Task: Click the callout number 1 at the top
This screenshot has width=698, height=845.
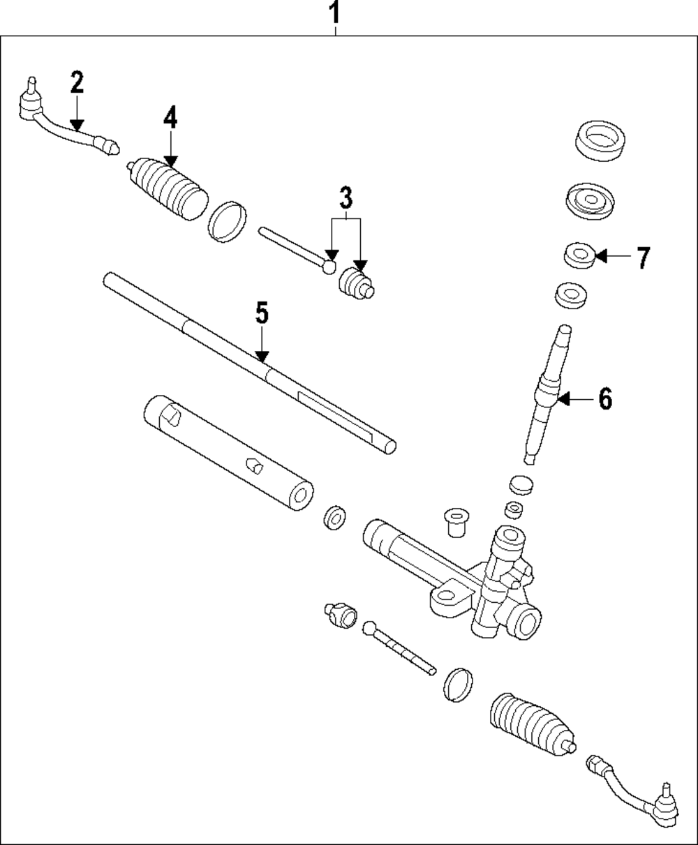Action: [335, 13]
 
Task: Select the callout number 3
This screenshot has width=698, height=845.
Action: [346, 199]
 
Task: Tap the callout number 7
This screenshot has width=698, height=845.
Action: [642, 257]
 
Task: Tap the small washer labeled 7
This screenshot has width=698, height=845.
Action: [579, 255]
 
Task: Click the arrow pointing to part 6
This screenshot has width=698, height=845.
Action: [572, 399]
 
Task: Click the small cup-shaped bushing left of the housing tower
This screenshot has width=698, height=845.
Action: [454, 523]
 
